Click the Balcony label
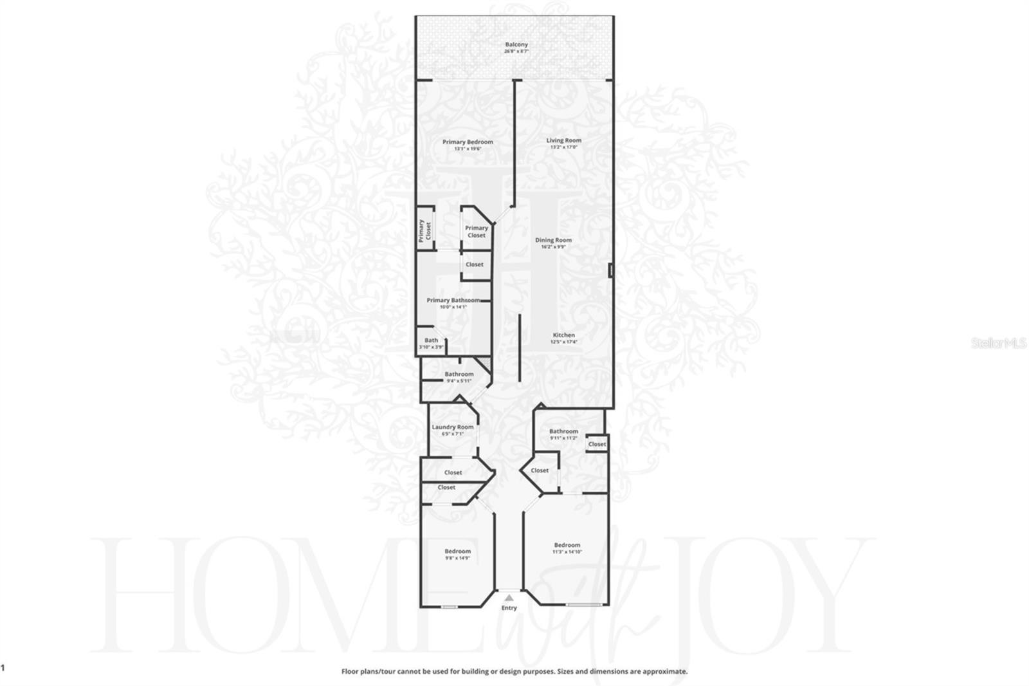click(516, 44)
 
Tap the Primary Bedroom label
click(468, 142)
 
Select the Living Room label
click(564, 140)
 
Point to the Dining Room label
click(553, 240)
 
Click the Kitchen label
click(563, 335)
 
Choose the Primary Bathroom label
click(453, 300)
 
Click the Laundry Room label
click(452, 427)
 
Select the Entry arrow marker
click(509, 598)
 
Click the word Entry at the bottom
click(509, 607)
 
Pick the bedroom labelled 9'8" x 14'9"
click(457, 554)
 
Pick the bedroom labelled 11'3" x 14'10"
click(567, 548)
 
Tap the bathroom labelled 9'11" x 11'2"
click(563, 434)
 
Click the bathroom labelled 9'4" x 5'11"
click(459, 376)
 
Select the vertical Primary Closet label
click(424, 230)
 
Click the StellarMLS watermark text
click(999, 344)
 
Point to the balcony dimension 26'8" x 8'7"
click(516, 51)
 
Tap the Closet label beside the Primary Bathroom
click(474, 264)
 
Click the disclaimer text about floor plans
click(514, 671)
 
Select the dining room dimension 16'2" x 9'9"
click(553, 246)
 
